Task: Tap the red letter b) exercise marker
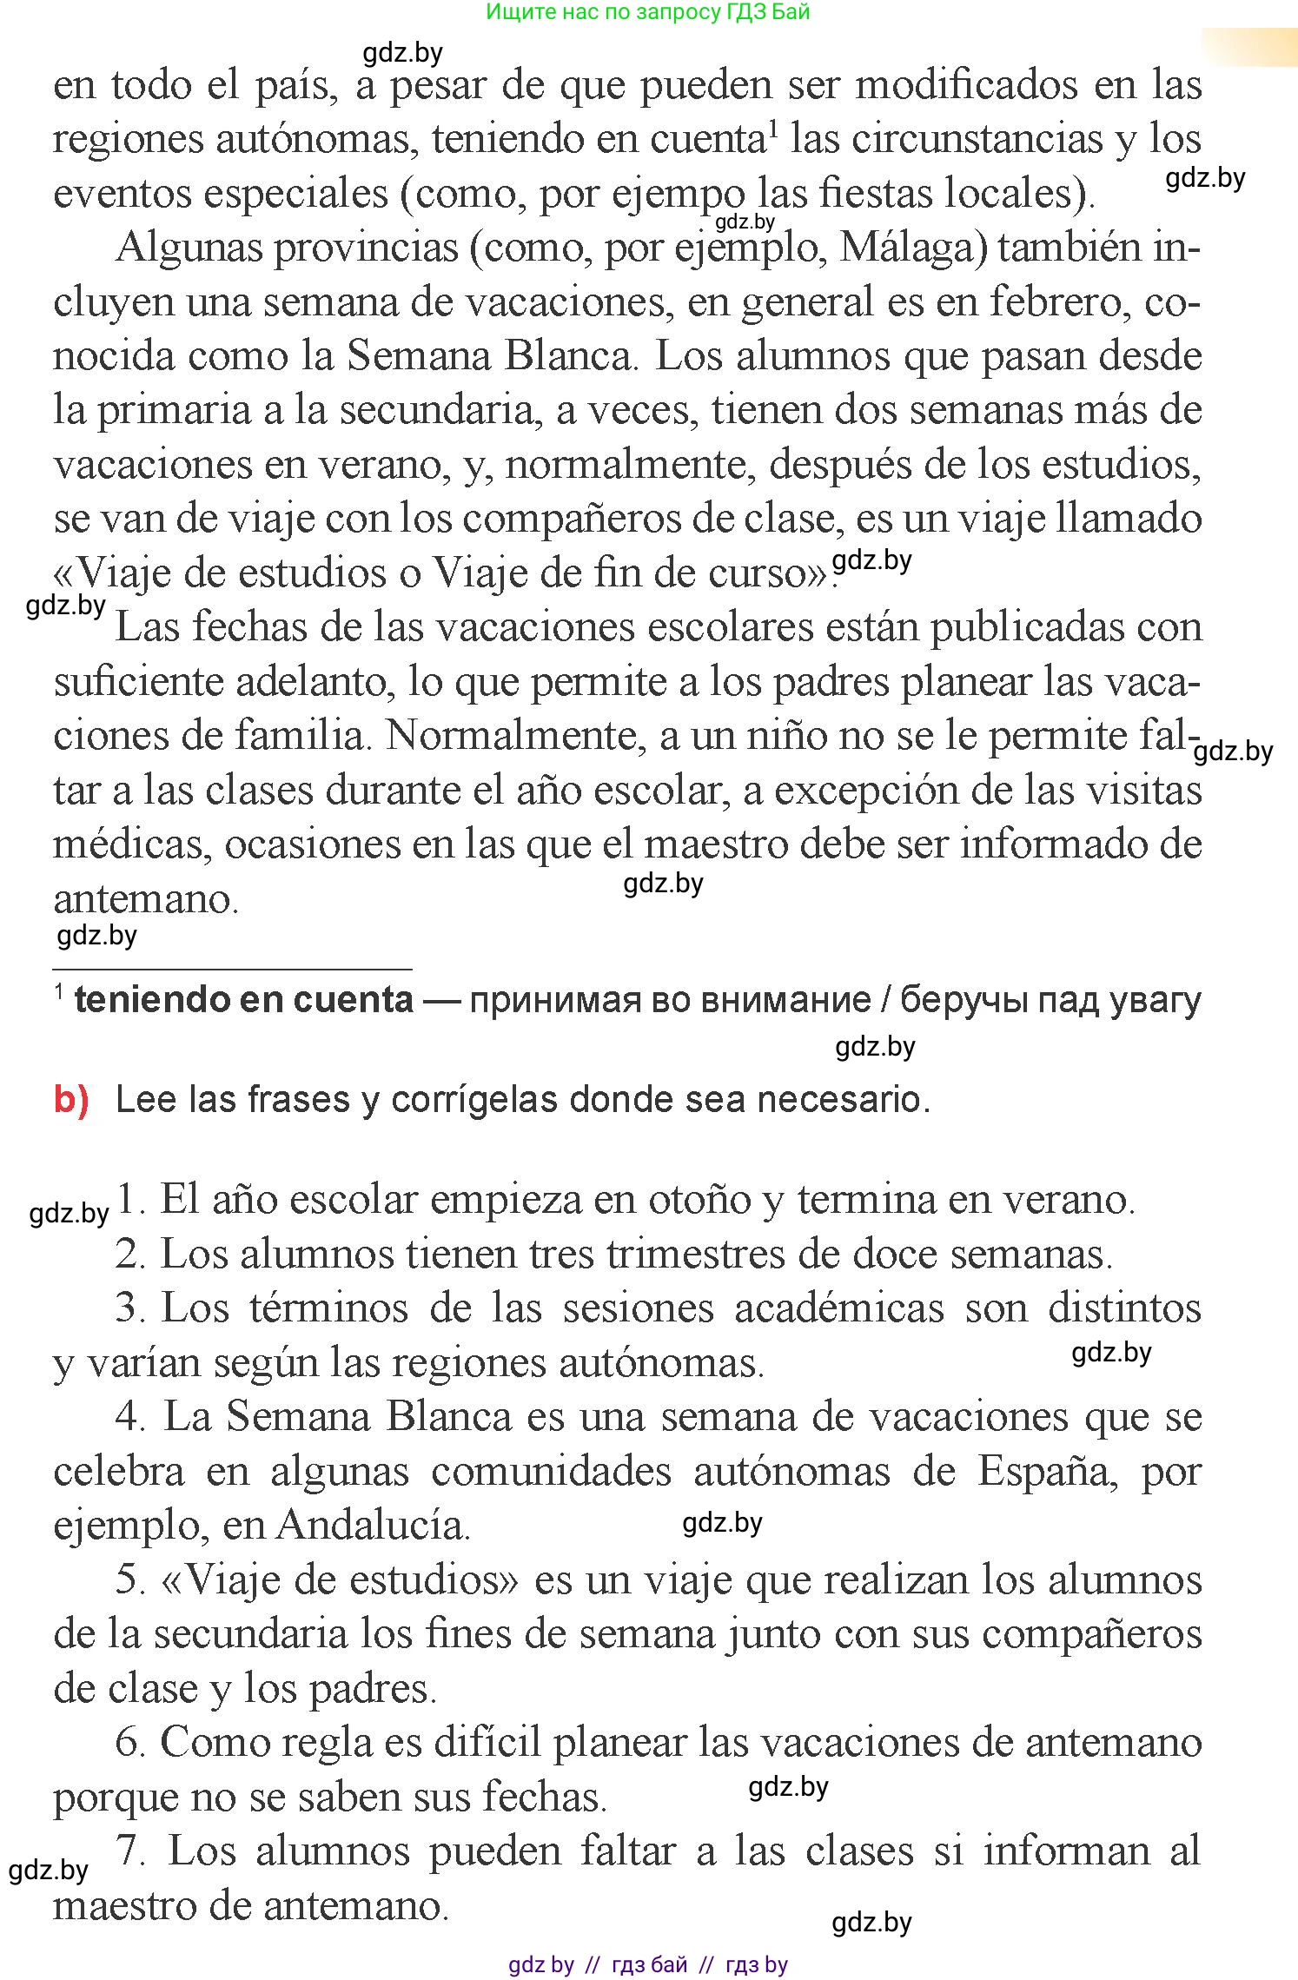71,1100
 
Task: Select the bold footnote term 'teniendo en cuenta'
243,1000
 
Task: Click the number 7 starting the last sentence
131,1851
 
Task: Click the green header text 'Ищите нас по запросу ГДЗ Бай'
647,12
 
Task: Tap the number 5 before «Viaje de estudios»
129,1580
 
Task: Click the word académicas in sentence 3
839,1308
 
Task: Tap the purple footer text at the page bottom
647,1964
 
